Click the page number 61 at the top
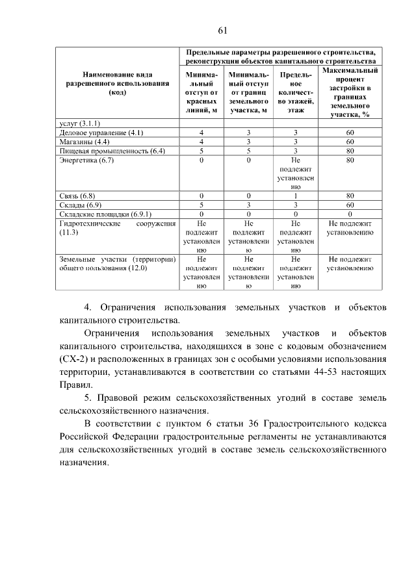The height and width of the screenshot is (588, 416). (221, 31)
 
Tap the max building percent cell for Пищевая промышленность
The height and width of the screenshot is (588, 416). (350, 151)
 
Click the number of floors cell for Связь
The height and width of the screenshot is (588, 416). (295, 196)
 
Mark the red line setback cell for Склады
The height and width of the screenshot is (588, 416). (201, 205)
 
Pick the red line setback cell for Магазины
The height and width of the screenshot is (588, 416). (201, 142)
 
